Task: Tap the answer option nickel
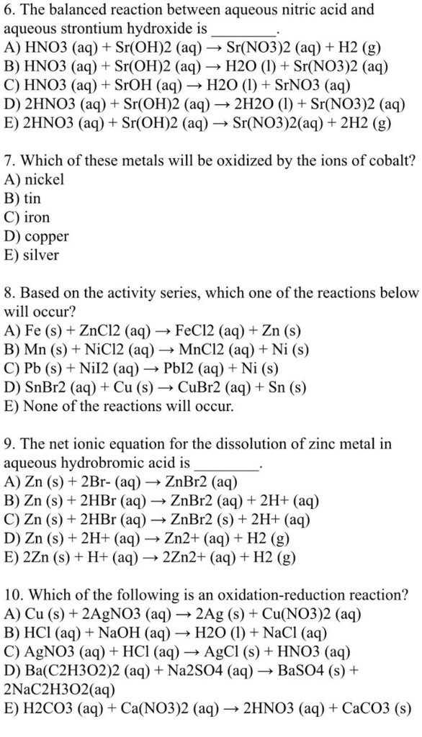[x=44, y=179]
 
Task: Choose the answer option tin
[x=32, y=198]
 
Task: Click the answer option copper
[x=46, y=235]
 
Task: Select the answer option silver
[x=42, y=255]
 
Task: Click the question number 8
[x=9, y=293]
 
